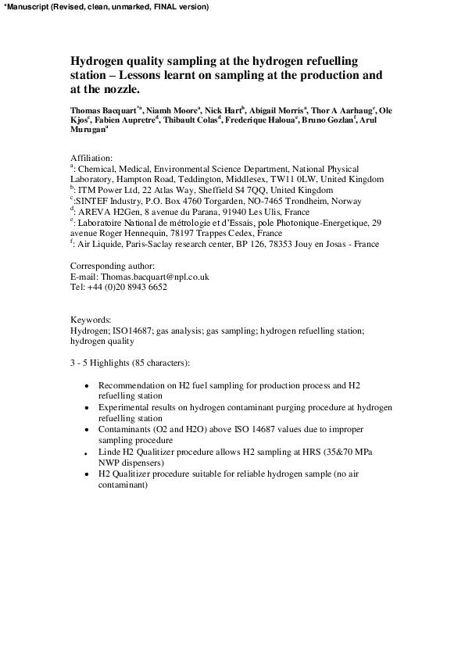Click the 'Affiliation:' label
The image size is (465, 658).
[91, 157]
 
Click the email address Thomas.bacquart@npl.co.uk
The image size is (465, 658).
[159, 277]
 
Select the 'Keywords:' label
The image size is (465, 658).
[91, 320]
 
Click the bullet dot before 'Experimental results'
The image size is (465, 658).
[86, 409]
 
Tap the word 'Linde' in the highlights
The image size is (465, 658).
[109, 452]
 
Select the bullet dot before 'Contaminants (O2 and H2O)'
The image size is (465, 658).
[86, 431]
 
